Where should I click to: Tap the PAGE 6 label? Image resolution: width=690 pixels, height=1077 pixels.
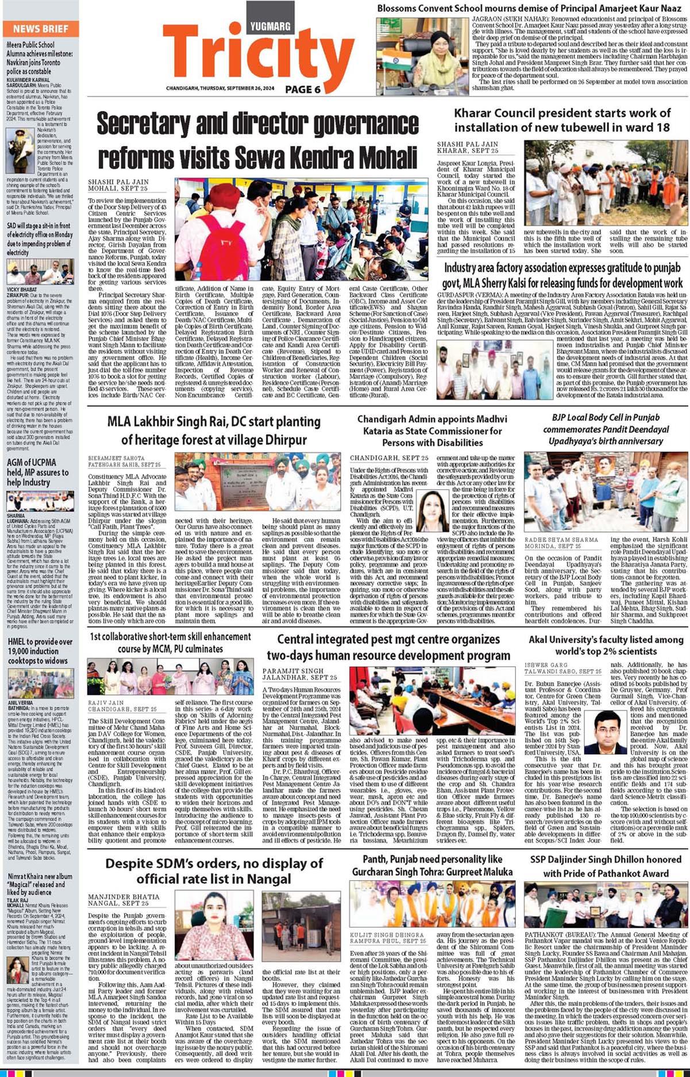tap(303, 90)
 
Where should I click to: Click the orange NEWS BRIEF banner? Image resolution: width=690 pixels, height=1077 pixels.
tap(40, 29)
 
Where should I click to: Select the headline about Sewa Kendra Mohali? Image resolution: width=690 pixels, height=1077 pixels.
tap(257, 140)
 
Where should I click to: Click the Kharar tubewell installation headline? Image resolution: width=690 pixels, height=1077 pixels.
tap(562, 120)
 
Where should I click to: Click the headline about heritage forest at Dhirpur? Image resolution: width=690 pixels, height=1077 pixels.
tap(214, 430)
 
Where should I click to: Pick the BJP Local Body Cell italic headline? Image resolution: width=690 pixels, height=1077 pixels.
tap(606, 429)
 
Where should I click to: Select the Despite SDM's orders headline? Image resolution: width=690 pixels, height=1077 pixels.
tap(214, 871)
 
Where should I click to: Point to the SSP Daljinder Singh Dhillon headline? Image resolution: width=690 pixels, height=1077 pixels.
tap(606, 866)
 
